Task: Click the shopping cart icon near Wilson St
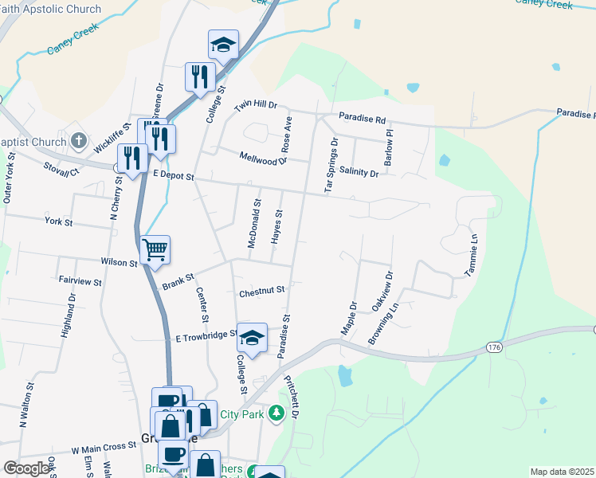pyautogui.click(x=155, y=249)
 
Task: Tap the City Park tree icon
pyautogui.click(x=276, y=413)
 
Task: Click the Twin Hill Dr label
pyautogui.click(x=255, y=105)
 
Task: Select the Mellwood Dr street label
pyautogui.click(x=262, y=159)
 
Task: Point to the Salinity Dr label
pyautogui.click(x=358, y=172)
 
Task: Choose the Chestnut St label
pyautogui.click(x=261, y=292)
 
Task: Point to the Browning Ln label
pyautogui.click(x=382, y=323)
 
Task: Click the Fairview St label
pyautogui.click(x=80, y=281)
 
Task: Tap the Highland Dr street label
pyautogui.click(x=67, y=315)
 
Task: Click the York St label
pyautogui.click(x=58, y=221)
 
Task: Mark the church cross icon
pyautogui.click(x=78, y=141)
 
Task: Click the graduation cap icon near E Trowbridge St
pyautogui.click(x=253, y=339)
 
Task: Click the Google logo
pyautogui.click(x=26, y=468)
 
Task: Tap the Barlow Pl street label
pyautogui.click(x=390, y=143)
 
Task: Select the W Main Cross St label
pyautogui.click(x=104, y=449)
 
